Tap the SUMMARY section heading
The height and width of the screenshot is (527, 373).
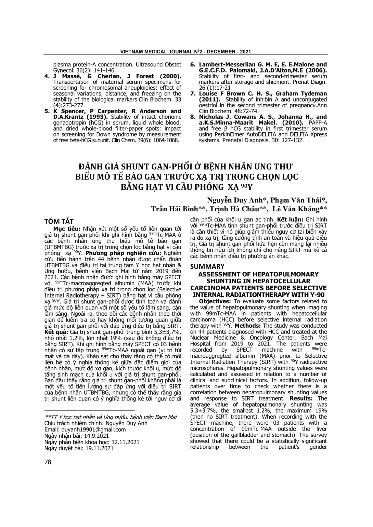207,266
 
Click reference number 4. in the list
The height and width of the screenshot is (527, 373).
48,76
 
